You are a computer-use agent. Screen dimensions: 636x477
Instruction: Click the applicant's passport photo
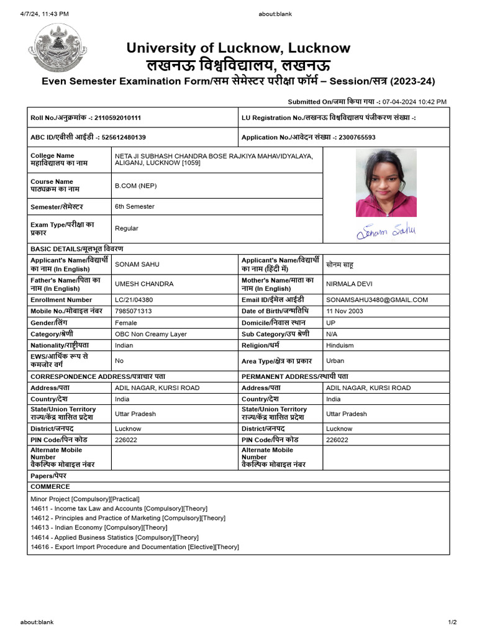[x=386, y=183]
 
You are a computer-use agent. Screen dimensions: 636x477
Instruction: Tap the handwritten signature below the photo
[x=386, y=232]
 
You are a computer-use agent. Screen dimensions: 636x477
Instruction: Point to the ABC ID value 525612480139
[x=124, y=137]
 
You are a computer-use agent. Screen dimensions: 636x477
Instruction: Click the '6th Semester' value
[x=135, y=206]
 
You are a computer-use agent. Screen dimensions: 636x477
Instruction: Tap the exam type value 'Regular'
[x=127, y=229]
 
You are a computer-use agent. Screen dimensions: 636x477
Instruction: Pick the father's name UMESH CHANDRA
[x=144, y=284]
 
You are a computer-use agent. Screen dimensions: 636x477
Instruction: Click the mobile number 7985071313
[x=134, y=311]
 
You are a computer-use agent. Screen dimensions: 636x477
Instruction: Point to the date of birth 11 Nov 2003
[x=345, y=311]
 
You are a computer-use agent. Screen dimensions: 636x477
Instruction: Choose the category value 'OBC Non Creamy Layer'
[x=151, y=334]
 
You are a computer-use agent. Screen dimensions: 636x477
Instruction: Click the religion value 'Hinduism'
[x=340, y=345]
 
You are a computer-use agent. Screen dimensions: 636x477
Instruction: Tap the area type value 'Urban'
[x=335, y=360]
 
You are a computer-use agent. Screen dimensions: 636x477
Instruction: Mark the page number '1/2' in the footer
[x=452, y=622]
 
